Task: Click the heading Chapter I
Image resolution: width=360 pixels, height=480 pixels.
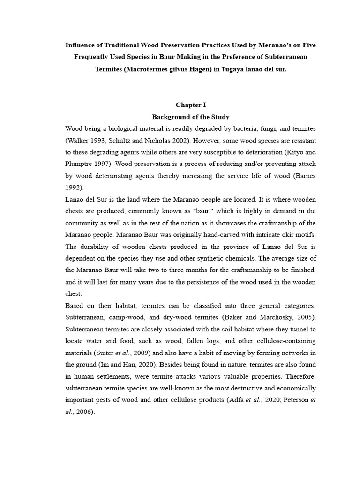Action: (x=191, y=105)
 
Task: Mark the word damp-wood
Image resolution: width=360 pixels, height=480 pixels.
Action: (x=124, y=317)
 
